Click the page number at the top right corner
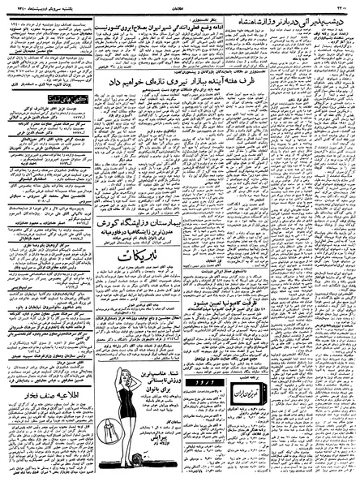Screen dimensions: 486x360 (x=345, y=4)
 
